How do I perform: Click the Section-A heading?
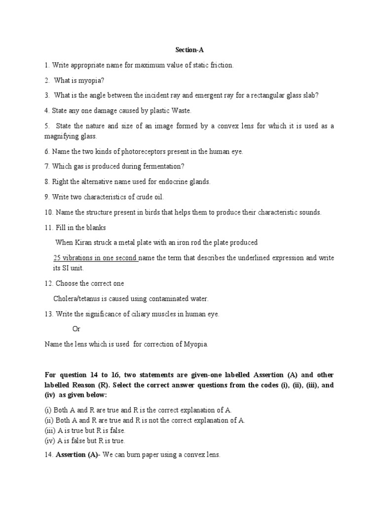pos(189,50)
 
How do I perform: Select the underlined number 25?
pos(57,258)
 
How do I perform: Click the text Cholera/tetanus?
pos(78,299)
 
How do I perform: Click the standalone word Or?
pos(76,329)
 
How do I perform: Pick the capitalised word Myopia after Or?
pos(195,344)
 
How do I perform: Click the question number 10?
pos(48,212)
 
